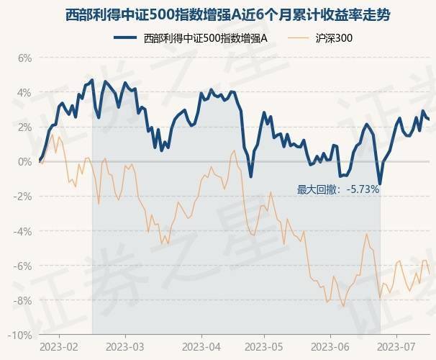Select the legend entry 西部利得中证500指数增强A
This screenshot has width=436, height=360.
205,37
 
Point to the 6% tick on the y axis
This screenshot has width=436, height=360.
24,58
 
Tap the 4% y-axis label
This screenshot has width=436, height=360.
24,92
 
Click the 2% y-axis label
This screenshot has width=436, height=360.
24,127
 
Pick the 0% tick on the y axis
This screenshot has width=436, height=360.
24,161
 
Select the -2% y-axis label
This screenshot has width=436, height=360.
22,196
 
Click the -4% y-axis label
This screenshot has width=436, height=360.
22,231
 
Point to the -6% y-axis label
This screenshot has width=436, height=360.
22,266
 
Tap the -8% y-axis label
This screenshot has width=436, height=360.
22,300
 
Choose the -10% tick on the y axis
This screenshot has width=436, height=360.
20,335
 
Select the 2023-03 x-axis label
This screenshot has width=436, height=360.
124,346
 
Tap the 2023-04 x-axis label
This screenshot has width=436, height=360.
200,346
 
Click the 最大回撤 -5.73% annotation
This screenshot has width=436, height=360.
337,189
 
